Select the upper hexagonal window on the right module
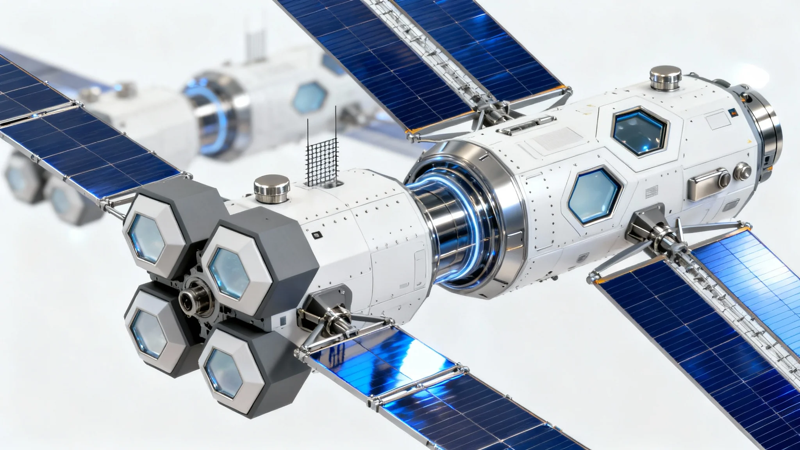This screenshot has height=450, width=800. pos(639,130)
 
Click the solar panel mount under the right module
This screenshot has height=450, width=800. pos(656,234)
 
